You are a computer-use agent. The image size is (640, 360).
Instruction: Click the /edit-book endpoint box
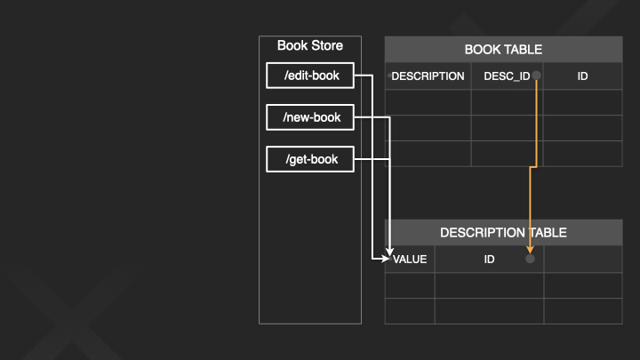click(x=310, y=76)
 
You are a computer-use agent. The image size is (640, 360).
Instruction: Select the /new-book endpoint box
click(x=310, y=116)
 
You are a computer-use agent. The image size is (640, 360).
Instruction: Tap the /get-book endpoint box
click(x=310, y=160)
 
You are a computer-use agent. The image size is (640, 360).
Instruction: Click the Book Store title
click(x=309, y=45)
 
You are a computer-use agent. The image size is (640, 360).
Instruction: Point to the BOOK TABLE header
click(x=503, y=50)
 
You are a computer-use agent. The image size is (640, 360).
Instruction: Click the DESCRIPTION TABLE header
click(x=503, y=233)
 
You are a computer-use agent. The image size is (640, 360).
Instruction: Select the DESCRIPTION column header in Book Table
click(x=428, y=76)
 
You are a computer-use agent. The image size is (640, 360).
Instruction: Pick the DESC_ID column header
click(x=506, y=76)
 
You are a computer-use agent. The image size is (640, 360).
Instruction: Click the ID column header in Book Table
click(x=582, y=76)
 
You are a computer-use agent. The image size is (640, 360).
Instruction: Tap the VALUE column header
click(x=410, y=260)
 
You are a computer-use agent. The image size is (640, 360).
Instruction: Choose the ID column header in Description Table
click(x=489, y=260)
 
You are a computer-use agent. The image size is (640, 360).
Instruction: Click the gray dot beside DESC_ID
click(x=537, y=76)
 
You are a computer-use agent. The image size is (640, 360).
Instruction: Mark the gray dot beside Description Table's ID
click(x=530, y=259)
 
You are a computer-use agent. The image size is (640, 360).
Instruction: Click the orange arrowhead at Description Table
click(x=530, y=250)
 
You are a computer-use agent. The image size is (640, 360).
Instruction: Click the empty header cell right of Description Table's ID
click(x=582, y=260)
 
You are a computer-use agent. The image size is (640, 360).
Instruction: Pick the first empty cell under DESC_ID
click(x=506, y=102)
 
